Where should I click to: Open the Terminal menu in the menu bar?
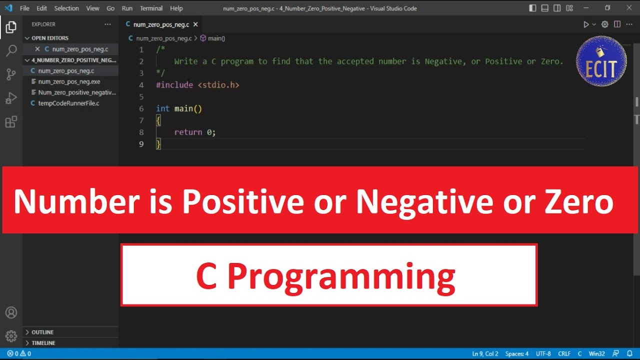[151, 8]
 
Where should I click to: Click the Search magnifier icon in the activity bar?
[11, 51]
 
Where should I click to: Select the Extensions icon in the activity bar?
[11, 122]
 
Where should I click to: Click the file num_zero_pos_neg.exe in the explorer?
[69, 81]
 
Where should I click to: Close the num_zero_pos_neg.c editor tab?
[195, 24]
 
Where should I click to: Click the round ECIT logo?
[601, 61]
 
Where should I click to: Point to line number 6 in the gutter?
[141, 108]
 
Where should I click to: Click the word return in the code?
[188, 132]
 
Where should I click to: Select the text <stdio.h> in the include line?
[218, 85]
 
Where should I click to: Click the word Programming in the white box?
[340, 276]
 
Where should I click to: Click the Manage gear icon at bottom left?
[11, 336]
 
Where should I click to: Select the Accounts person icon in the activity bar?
[11, 313]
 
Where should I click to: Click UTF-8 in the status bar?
[543, 353]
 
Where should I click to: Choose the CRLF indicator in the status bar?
[564, 353]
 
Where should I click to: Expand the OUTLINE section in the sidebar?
[42, 332]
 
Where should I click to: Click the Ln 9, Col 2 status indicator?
[485, 353]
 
